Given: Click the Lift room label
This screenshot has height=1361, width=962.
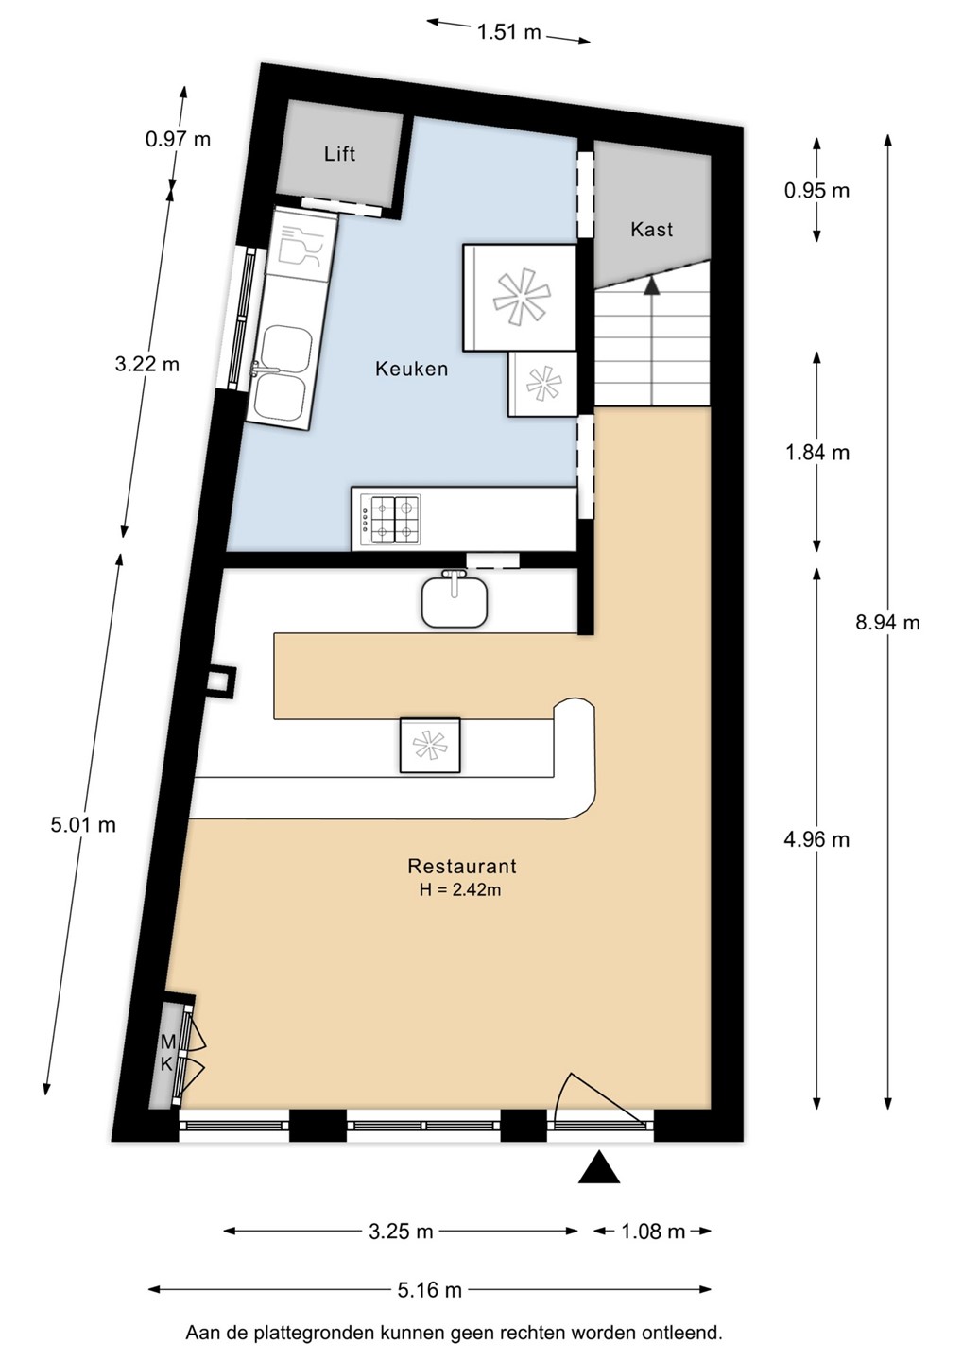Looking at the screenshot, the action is coord(339,154).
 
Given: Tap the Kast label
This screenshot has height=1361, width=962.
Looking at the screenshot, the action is coord(652,229).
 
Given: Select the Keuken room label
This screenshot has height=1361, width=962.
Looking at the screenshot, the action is coord(412,369).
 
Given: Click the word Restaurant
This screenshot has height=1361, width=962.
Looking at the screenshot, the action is coord(461,866).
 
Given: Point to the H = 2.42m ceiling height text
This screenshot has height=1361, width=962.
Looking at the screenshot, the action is coord(460,890).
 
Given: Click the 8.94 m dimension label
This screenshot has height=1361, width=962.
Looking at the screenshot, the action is coord(887,622).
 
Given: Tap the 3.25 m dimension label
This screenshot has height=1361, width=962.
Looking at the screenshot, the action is coord(401,1232).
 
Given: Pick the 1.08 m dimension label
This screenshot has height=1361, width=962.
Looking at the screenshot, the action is coord(653,1232).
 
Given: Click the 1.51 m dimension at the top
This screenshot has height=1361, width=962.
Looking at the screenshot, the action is coord(508,31).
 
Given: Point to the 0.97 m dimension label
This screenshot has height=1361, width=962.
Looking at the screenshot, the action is coord(178,139).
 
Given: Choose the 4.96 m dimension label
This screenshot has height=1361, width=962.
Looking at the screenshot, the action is coord(816,839).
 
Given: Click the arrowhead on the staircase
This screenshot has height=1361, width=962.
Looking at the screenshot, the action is coord(652,285).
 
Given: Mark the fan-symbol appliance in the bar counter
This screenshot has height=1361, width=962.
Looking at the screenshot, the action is coord(430,746).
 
